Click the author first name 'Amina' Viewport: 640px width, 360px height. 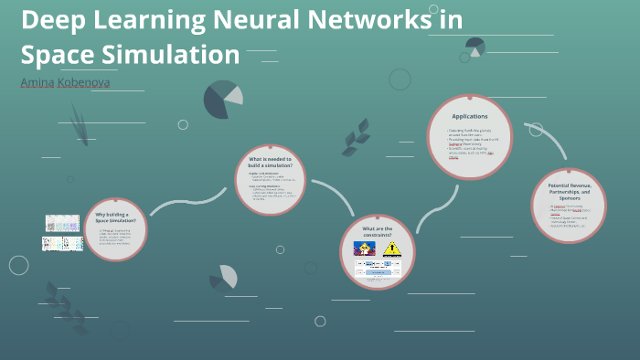37,83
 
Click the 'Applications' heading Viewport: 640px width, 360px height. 470,116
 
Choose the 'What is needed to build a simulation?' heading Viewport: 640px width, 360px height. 269,163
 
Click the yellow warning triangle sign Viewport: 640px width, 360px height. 392,249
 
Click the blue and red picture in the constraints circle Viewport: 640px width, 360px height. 364,249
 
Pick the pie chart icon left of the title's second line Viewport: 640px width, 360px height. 222,100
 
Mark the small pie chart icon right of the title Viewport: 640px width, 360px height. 475,46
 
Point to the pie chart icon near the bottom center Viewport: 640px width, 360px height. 223,277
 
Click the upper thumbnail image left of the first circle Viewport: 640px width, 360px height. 63,223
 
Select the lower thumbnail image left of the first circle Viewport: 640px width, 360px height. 63,243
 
